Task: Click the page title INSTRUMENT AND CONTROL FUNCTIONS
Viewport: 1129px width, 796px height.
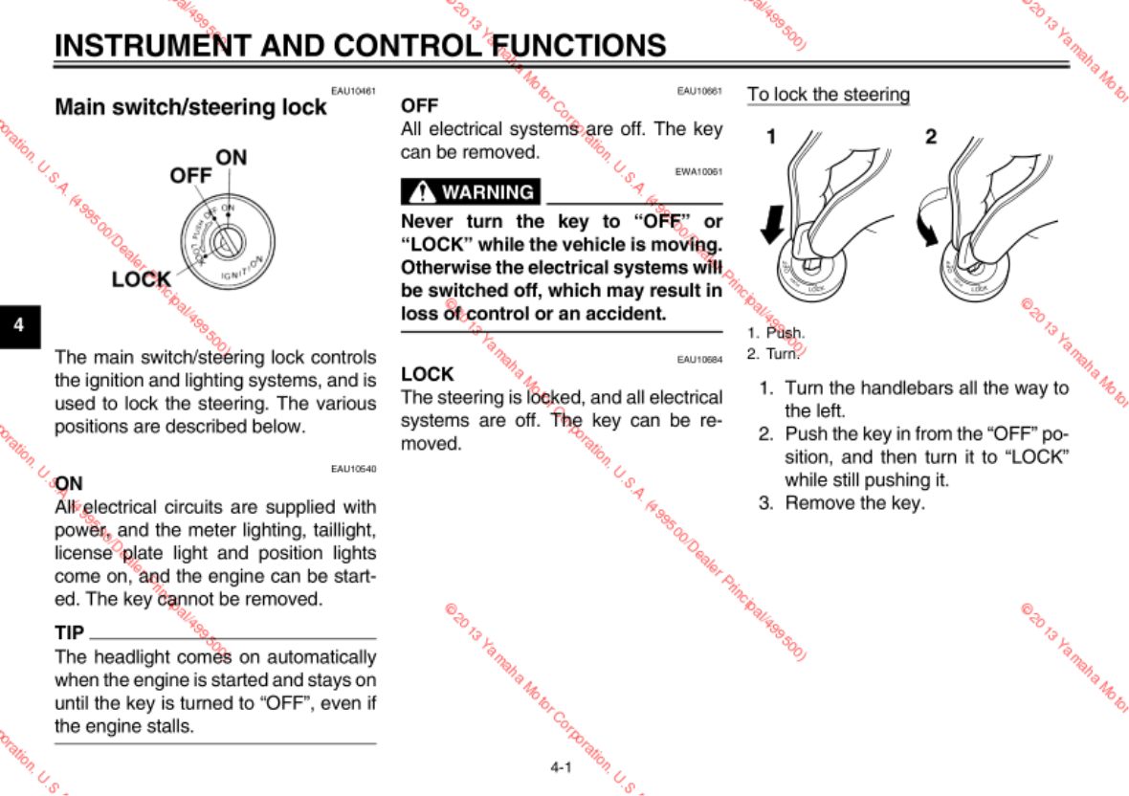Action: [x=360, y=45]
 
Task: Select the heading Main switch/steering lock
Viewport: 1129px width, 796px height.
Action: [x=190, y=107]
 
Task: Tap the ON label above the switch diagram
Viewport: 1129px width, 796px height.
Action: [x=231, y=157]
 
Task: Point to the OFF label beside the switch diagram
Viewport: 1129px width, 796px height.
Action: [x=190, y=176]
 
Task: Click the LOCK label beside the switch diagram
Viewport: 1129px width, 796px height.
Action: [x=141, y=279]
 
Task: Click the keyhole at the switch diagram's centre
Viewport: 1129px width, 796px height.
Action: [x=228, y=238]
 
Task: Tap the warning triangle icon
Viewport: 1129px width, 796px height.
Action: [x=420, y=191]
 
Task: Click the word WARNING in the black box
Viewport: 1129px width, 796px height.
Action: [x=488, y=192]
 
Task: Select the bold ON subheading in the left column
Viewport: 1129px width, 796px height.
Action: [x=69, y=484]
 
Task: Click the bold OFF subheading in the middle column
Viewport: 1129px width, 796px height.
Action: [x=419, y=106]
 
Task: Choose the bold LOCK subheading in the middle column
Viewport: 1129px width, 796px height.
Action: [x=427, y=374]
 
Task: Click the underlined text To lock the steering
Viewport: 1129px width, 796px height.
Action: [x=828, y=95]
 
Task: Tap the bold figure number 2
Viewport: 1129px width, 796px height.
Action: [x=931, y=137]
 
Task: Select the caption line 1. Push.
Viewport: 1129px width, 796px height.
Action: [x=776, y=333]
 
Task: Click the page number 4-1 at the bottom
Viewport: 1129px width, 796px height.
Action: [x=561, y=766]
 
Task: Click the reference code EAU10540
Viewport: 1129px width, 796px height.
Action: [x=353, y=469]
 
